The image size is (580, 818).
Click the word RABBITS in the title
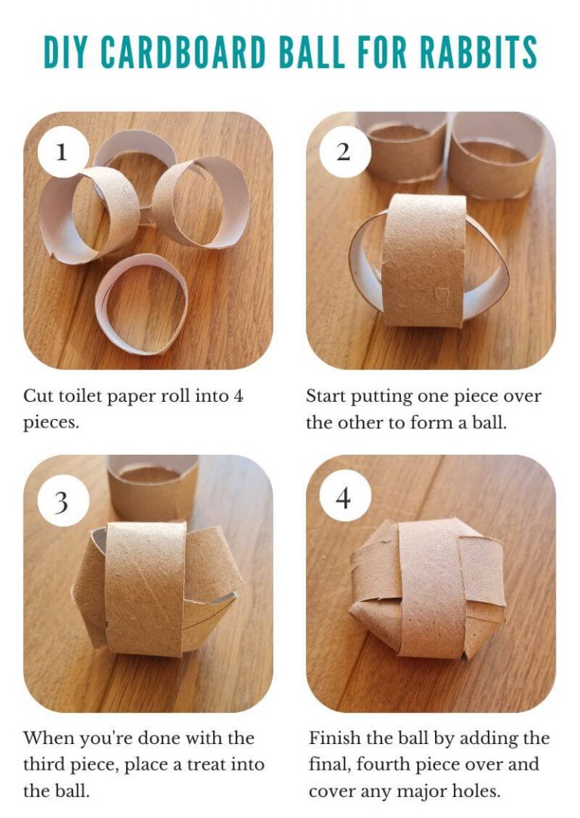[x=478, y=51]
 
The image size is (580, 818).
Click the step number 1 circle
[x=62, y=152]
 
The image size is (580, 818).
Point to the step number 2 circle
[x=344, y=152]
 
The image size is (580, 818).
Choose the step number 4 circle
[x=344, y=499]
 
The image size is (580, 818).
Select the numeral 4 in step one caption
[x=238, y=396]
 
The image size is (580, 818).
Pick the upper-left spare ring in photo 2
[x=400, y=147]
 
